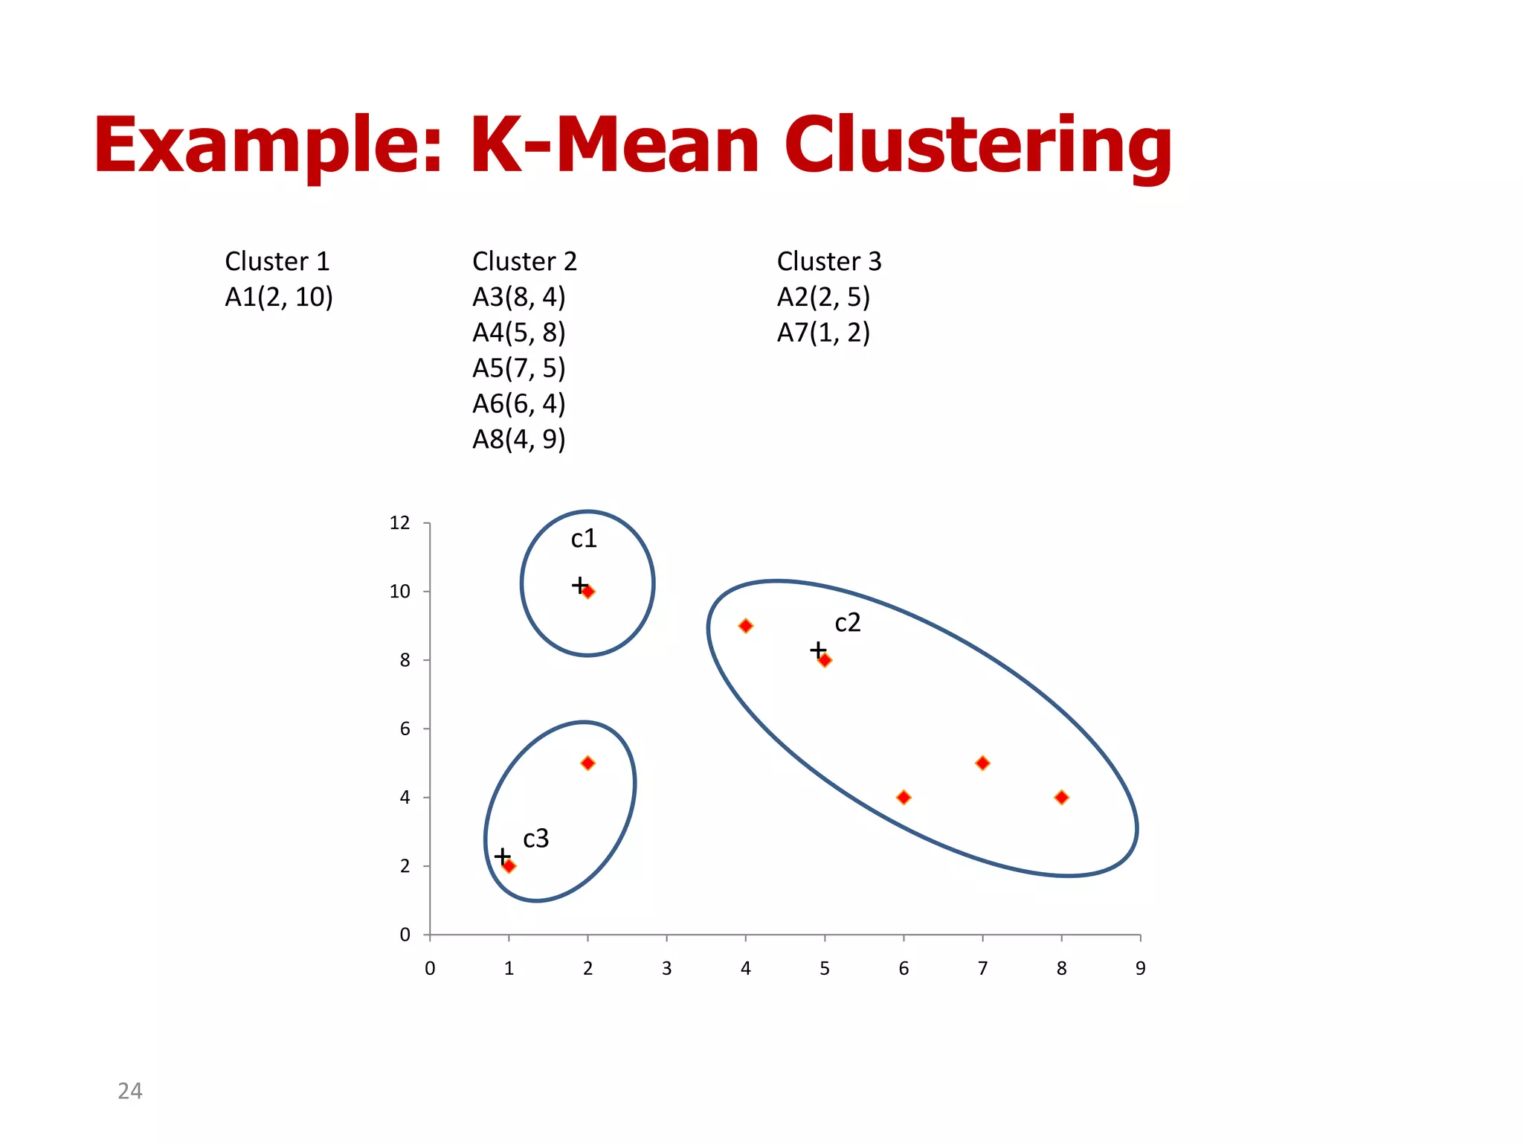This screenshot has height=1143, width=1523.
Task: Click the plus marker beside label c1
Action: (579, 585)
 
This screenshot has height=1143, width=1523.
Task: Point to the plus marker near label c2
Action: (818, 650)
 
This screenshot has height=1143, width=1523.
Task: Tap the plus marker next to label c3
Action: (503, 856)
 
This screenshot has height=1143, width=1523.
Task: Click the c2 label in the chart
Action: (847, 622)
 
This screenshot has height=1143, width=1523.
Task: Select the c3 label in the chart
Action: (535, 839)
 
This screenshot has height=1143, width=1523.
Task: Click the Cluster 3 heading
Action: (828, 261)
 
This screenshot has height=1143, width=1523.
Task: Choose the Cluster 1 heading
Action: (277, 261)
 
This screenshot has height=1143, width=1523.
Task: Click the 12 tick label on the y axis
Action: (399, 523)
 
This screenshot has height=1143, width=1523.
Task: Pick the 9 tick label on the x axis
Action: (1140, 968)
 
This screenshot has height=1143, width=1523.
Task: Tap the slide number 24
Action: (130, 1091)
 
